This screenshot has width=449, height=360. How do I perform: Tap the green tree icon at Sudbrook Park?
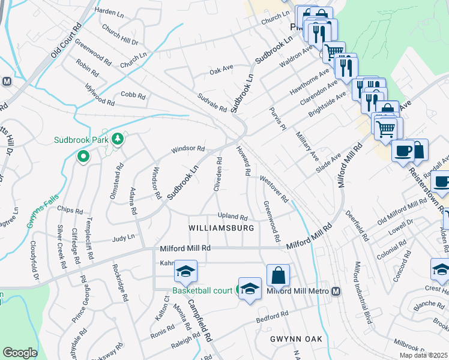118,139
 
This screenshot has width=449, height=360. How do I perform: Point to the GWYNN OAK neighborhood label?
296,339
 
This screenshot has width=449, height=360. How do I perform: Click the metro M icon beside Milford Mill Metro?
336,292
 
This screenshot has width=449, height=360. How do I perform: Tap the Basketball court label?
202,291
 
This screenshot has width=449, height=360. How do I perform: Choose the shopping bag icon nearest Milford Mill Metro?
278,276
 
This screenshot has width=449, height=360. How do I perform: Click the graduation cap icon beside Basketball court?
250,289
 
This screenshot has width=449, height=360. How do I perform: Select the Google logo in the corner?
20,353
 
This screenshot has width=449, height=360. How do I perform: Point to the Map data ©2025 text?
423,356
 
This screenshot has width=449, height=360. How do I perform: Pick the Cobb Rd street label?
133,95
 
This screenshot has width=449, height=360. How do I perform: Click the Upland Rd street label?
232,217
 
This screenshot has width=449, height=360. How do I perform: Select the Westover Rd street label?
274,188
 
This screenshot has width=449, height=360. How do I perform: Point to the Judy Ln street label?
123,238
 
